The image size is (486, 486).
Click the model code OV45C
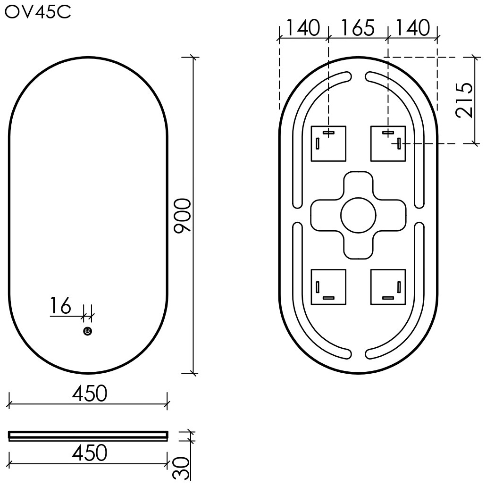pyautogui.click(x=38, y=12)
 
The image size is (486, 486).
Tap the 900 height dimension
pyautogui.click(x=182, y=216)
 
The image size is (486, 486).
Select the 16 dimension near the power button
pyautogui.click(x=61, y=306)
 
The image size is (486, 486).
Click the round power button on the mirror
pyautogui.click(x=88, y=331)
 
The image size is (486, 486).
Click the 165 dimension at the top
pyautogui.click(x=358, y=27)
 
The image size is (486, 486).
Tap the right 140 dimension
pyautogui.click(x=413, y=27)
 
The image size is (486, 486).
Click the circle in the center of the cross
pyautogui.click(x=358, y=215)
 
